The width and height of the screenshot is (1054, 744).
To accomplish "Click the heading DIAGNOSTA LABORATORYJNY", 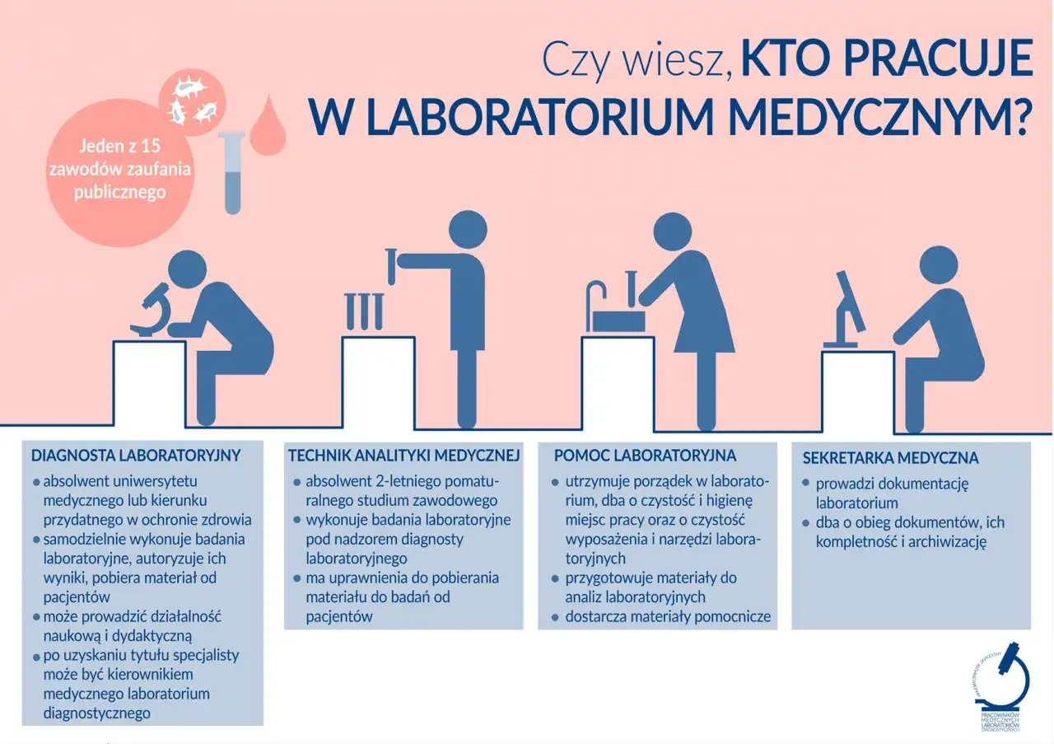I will point(136,455).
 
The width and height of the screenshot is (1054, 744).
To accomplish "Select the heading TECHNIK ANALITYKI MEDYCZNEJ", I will point(403,455).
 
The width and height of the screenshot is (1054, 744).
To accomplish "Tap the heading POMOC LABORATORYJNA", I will point(645,455).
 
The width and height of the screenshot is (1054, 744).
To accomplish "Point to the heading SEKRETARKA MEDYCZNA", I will point(889,457).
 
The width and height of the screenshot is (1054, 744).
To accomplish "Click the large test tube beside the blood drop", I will point(233,172).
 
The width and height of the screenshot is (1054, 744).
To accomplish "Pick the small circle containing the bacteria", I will point(192,98).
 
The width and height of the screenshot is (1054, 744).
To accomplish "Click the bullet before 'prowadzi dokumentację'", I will point(807,484).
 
